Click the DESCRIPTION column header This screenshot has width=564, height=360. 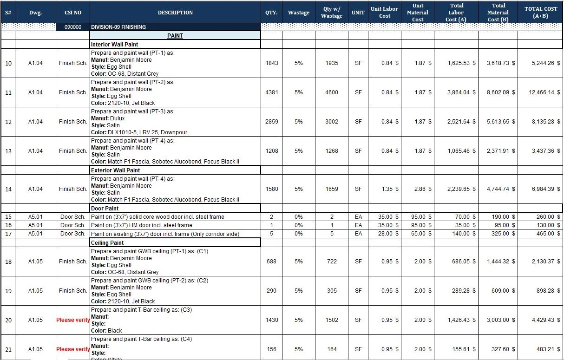pos(175,13)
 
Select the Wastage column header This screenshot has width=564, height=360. pos(298,13)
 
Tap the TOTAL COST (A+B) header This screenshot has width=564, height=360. pos(541,13)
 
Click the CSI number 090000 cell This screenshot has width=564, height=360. pos(73,27)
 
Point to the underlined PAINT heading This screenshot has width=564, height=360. pos(175,36)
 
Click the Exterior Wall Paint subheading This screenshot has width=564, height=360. pos(115,170)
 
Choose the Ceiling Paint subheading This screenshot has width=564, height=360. pos(107,243)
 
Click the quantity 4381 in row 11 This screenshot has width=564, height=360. pos(271,92)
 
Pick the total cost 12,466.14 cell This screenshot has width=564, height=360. pos(542,92)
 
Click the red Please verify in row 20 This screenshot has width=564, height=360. pos(73,320)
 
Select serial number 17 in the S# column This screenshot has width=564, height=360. pos(8,234)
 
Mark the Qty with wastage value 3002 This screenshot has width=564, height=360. pos(332,122)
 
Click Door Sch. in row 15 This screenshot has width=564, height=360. pos(73,217)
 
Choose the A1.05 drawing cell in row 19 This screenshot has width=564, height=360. pos(35,291)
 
